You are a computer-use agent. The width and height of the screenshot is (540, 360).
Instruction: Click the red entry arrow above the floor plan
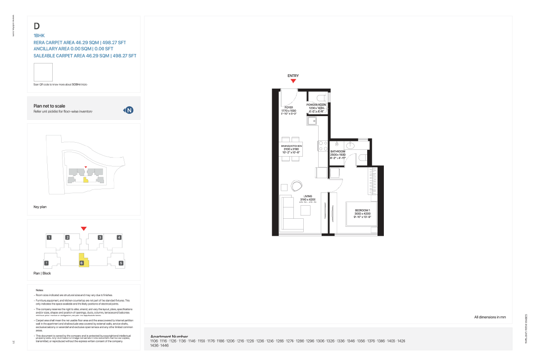tap(293, 81)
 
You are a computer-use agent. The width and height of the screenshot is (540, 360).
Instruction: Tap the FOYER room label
tap(288, 108)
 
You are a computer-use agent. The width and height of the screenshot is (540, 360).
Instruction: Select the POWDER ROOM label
tap(317, 104)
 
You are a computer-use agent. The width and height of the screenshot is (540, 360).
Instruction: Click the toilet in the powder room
tap(322, 97)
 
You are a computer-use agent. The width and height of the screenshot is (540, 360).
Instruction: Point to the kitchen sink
tap(311, 121)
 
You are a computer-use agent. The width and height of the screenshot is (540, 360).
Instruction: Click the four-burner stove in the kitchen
tap(323, 145)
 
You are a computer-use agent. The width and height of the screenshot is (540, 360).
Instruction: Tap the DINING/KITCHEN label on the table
tap(291, 146)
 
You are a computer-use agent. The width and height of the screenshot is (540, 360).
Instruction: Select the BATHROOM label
tap(337, 152)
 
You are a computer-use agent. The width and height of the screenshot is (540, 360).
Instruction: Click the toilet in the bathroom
tap(364, 157)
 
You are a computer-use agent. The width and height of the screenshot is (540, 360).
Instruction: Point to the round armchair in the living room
tap(297, 185)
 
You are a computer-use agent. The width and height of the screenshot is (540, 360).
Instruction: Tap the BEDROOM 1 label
tap(362, 211)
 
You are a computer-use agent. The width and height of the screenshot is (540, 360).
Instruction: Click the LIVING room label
tap(308, 196)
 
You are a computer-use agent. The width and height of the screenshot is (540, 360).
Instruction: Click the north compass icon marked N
tap(129, 110)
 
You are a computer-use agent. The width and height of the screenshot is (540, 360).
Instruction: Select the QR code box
tap(43, 72)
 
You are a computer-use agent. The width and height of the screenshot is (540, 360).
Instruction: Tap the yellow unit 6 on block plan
tap(83, 262)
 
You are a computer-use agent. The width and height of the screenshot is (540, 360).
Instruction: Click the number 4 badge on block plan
tap(119, 237)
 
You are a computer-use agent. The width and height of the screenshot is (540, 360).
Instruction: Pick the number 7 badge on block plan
tap(46, 263)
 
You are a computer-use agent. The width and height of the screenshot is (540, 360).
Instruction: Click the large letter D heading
tap(36, 27)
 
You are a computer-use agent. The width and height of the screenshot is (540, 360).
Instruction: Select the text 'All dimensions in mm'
tap(490, 317)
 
